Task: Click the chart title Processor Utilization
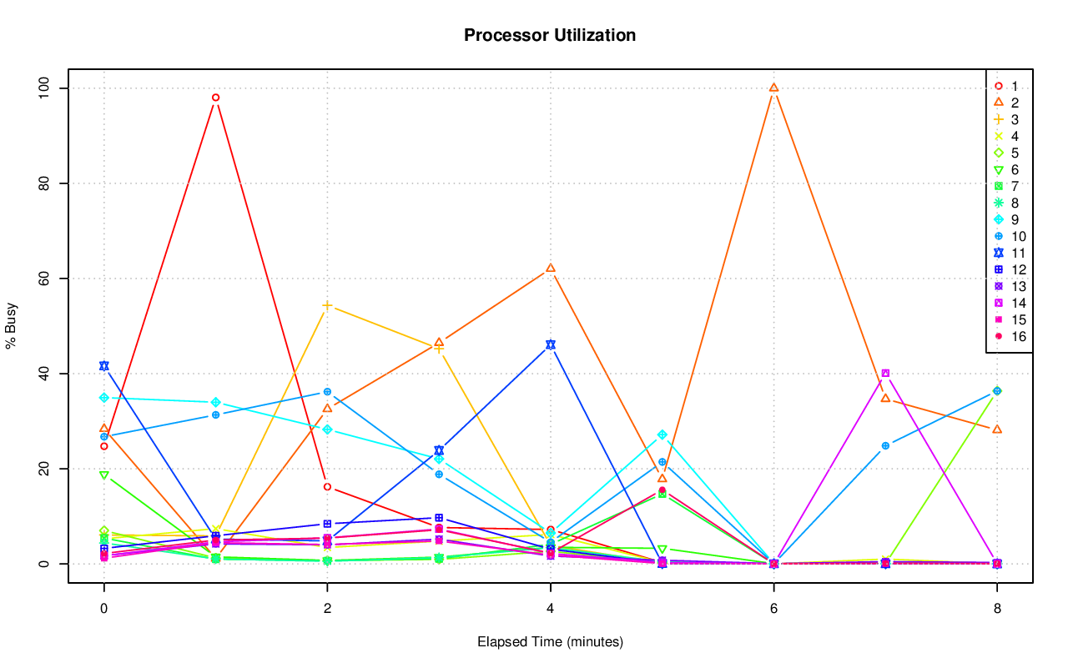pyautogui.click(x=550, y=35)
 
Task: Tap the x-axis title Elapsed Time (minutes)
pyautogui.click(x=550, y=642)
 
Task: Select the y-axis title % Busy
pyautogui.click(x=12, y=326)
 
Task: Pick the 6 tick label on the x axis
pyautogui.click(x=773, y=609)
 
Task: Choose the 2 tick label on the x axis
pyautogui.click(x=327, y=609)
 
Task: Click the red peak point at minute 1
pyautogui.click(x=215, y=98)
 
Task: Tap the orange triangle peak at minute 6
pyautogui.click(x=773, y=88)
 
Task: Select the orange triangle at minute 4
pyautogui.click(x=551, y=269)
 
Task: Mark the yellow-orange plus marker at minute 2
pyautogui.click(x=327, y=305)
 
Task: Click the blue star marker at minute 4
pyautogui.click(x=551, y=344)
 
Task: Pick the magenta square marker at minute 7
pyautogui.click(x=885, y=374)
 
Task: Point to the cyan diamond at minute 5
pyautogui.click(x=662, y=435)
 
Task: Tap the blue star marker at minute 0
pyautogui.click(x=104, y=366)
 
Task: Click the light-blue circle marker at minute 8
pyautogui.click(x=997, y=391)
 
